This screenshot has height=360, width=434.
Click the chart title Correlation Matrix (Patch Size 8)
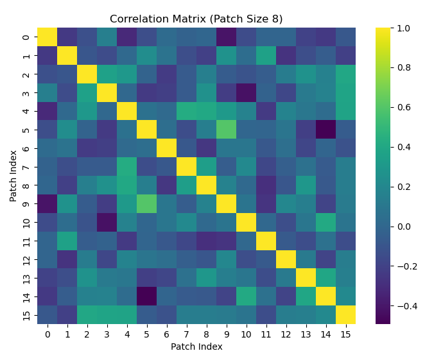(196, 19)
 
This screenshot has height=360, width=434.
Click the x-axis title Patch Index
(196, 347)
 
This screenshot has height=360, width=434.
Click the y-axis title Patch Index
(13, 176)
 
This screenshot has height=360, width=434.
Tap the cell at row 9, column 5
(146, 203)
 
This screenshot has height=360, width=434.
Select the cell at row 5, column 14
(325, 130)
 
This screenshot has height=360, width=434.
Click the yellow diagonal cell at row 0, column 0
(47, 37)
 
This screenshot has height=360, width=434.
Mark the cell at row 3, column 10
(246, 92)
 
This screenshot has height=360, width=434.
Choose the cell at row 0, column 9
(226, 37)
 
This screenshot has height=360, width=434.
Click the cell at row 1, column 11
(266, 56)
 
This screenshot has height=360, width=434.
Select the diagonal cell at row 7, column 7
(186, 167)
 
